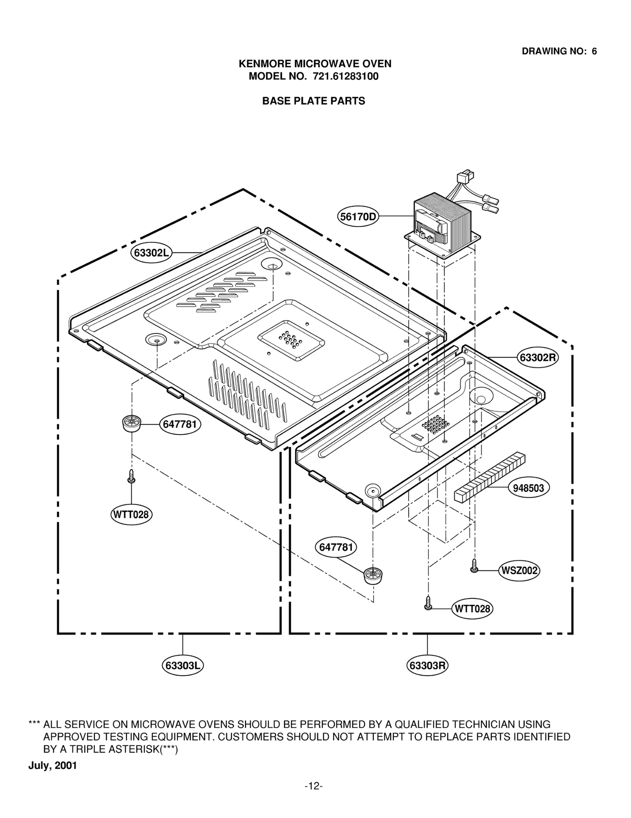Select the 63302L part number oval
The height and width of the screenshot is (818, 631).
[151, 253]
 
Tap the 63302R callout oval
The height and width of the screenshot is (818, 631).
[538, 358]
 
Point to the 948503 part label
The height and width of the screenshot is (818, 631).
[528, 488]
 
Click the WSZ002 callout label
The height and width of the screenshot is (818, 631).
[519, 571]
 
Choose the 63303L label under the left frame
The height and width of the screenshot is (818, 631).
[183, 666]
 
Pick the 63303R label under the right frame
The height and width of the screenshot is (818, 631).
[427, 666]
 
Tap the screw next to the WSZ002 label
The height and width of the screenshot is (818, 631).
[474, 566]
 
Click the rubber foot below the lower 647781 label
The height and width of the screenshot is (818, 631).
[373, 576]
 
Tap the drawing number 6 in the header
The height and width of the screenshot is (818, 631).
[594, 51]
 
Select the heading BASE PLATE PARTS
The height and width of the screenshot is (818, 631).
[314, 101]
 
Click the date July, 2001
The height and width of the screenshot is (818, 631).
[52, 766]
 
